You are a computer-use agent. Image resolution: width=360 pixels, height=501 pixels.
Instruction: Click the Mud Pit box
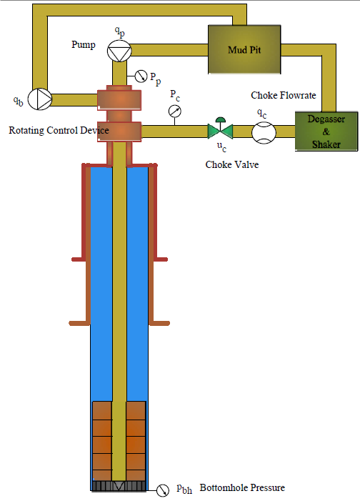tap(244, 49)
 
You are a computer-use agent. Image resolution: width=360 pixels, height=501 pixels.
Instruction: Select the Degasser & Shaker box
tap(326, 131)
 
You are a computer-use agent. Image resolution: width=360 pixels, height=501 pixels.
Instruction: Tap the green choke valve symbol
tap(221, 129)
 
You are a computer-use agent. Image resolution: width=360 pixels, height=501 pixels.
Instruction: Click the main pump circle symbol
tap(119, 51)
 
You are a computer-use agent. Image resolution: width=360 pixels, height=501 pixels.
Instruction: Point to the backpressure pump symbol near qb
tap(40, 99)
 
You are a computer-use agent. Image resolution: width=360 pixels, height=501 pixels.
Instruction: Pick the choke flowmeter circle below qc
tap(264, 133)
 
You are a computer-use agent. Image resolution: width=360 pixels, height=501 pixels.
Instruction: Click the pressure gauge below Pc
tap(175, 111)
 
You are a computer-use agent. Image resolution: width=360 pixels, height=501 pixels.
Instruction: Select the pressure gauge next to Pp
tap(141, 76)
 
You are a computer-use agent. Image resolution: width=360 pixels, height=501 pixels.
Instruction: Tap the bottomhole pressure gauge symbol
tap(163, 490)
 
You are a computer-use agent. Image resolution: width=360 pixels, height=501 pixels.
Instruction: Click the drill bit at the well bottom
tap(119, 486)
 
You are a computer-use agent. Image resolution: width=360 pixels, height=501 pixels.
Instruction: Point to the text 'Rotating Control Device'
tap(59, 130)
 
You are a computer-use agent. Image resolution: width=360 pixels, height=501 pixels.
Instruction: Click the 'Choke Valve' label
tap(232, 164)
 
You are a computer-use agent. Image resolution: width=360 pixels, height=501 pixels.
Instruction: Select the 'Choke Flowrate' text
tap(284, 95)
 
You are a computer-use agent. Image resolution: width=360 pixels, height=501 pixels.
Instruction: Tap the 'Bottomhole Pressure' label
tap(242, 487)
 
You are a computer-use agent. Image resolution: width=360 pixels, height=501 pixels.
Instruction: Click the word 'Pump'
tap(84, 44)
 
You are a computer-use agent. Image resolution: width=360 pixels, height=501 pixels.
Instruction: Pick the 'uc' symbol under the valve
tap(221, 147)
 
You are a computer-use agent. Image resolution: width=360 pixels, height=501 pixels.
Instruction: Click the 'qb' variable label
tap(18, 101)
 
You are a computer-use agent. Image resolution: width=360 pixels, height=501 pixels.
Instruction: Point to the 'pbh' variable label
tap(184, 489)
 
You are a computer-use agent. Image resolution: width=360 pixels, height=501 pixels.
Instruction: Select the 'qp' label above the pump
tap(120, 31)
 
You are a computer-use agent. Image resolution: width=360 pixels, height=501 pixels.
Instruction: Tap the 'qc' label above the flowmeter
tap(262, 113)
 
